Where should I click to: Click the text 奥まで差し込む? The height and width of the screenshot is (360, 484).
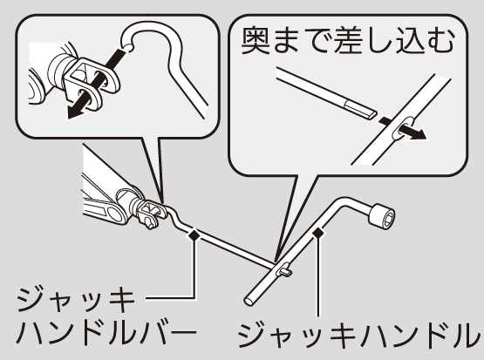[x=348, y=40]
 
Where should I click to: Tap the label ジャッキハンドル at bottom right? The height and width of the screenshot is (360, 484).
[x=359, y=335]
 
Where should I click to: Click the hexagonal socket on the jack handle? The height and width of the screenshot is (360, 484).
[x=381, y=216]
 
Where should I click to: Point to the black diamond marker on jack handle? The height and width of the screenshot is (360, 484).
[x=318, y=232]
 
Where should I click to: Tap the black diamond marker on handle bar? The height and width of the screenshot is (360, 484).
[x=194, y=235]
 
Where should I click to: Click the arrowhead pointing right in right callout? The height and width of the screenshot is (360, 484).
[x=419, y=134]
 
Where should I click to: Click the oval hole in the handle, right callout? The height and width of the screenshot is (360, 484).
[x=403, y=127]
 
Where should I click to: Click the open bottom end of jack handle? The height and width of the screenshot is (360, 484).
[x=249, y=301]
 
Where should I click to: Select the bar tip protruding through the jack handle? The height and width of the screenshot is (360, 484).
[x=285, y=272]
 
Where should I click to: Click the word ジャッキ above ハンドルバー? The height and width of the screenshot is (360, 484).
[x=76, y=299]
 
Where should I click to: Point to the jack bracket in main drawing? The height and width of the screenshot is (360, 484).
[x=147, y=212]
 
